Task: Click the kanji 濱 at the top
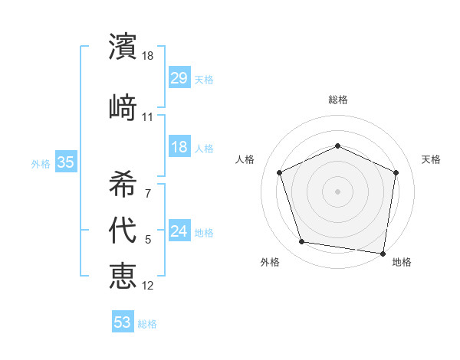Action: [123, 47]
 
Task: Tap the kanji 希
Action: [123, 183]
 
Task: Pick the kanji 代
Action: [123, 230]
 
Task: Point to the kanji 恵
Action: [123, 274]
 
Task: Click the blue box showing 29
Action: [179, 78]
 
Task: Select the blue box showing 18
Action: [179, 147]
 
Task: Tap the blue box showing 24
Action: [179, 231]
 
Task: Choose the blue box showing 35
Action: [65, 162]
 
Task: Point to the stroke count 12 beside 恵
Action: [148, 285]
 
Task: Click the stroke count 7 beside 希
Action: [148, 194]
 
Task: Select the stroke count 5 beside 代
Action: [148, 240]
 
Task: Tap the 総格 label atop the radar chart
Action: [337, 100]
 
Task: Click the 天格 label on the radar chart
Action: [431, 159]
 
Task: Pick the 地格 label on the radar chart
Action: [402, 262]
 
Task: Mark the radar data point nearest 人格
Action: [280, 172]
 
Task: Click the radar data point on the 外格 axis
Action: [302, 242]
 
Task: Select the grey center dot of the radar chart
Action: [337, 191]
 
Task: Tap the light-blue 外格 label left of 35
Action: [40, 163]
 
